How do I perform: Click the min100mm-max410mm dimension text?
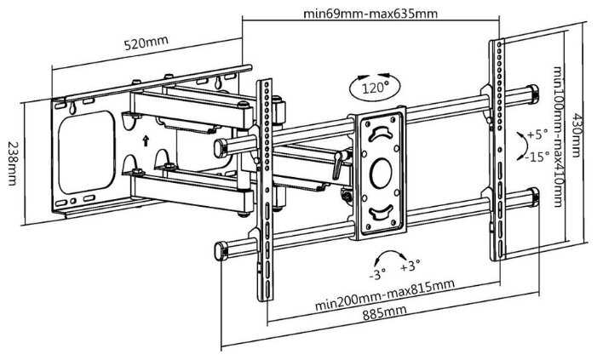pos(559,136)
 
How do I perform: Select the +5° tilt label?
pos(537,134)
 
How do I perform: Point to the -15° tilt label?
pos(537,157)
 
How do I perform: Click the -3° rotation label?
pos(377,273)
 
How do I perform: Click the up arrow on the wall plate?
pos(146,138)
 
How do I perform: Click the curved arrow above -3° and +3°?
pos(391,254)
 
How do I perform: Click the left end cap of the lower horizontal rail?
pos(217,249)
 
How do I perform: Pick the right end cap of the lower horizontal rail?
pos(536,198)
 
